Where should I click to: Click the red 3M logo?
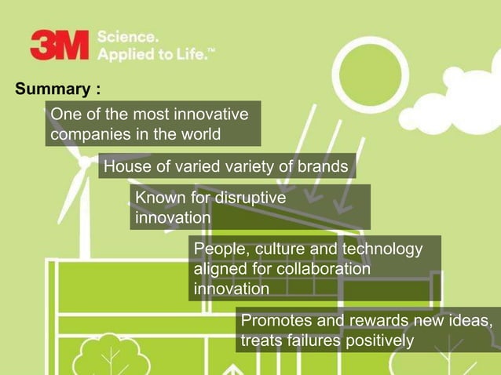(59, 45)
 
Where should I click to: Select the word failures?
(309, 340)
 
